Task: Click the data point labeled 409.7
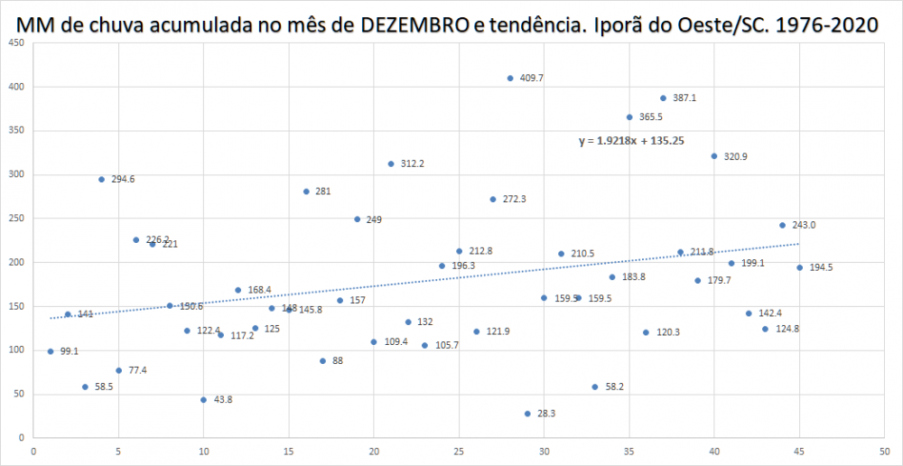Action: pyautogui.click(x=510, y=79)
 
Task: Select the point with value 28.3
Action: pyautogui.click(x=527, y=414)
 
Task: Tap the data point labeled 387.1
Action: pyautogui.click(x=663, y=98)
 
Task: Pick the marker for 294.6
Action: pyautogui.click(x=101, y=180)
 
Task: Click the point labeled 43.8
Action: pyautogui.click(x=203, y=400)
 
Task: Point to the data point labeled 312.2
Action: pyautogui.click(x=391, y=164)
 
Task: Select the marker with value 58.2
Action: pyautogui.click(x=595, y=387)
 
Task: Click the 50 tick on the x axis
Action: pyautogui.click(x=884, y=452)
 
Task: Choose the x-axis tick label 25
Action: pyautogui.click(x=459, y=452)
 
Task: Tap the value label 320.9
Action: pyautogui.click(x=736, y=156)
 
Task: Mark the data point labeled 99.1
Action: pyautogui.click(x=51, y=351)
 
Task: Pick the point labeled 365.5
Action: pyautogui.click(x=629, y=117)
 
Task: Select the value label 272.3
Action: pyautogui.click(x=514, y=200)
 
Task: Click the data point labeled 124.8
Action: pyautogui.click(x=765, y=329)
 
